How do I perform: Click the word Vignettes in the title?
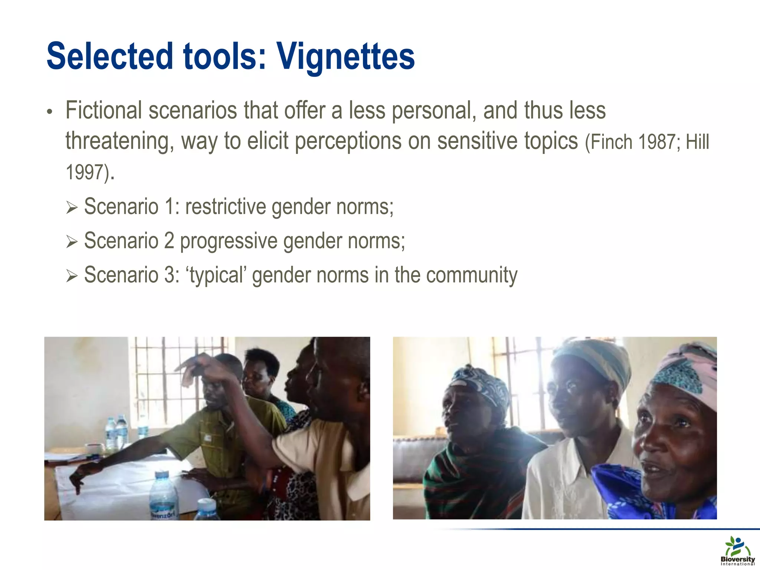(x=346, y=56)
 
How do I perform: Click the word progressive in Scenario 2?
(x=229, y=241)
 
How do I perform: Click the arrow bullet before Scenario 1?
(x=71, y=208)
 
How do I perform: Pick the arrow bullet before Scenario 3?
(x=71, y=276)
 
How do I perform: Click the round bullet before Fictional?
(x=50, y=112)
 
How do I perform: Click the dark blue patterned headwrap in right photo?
(x=479, y=386)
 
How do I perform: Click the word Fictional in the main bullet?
(x=104, y=111)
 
